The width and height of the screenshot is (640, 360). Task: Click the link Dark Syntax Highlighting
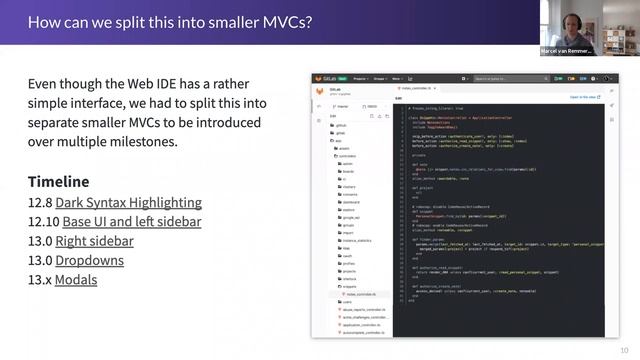pyautogui.click(x=128, y=203)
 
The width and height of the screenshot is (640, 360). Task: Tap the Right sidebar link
pyautogui.click(x=94, y=241)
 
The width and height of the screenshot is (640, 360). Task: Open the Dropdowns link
pyautogui.click(x=89, y=260)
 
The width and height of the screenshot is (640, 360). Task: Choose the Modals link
pyautogui.click(x=76, y=279)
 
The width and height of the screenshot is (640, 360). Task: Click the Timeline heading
pyautogui.click(x=58, y=182)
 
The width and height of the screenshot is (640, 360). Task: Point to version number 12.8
pyautogui.click(x=39, y=203)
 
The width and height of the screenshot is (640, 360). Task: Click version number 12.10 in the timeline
pyautogui.click(x=43, y=222)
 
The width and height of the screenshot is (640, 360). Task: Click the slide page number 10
pyautogui.click(x=624, y=349)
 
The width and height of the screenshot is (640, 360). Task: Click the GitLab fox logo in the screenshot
pyautogui.click(x=320, y=78)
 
